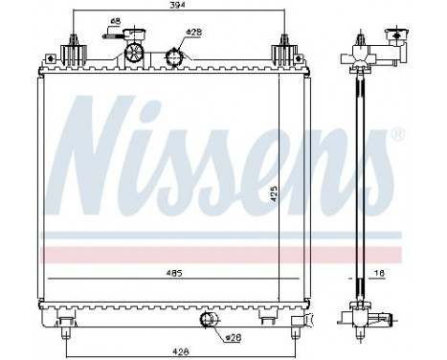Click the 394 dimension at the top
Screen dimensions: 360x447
point(177,6)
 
